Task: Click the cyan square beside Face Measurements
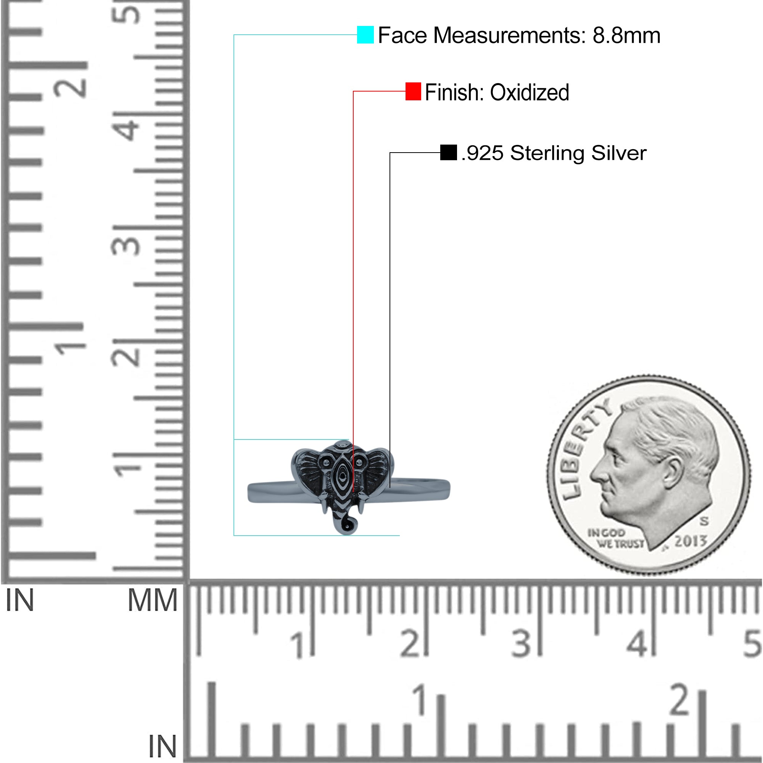pyautogui.click(x=365, y=35)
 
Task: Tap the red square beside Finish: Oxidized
pyautogui.click(x=413, y=91)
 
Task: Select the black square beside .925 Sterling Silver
pyautogui.click(x=448, y=153)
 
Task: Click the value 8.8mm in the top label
pyautogui.click(x=626, y=35)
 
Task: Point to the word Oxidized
pyautogui.click(x=530, y=92)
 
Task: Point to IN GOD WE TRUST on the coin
pyautogui.click(x=616, y=538)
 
